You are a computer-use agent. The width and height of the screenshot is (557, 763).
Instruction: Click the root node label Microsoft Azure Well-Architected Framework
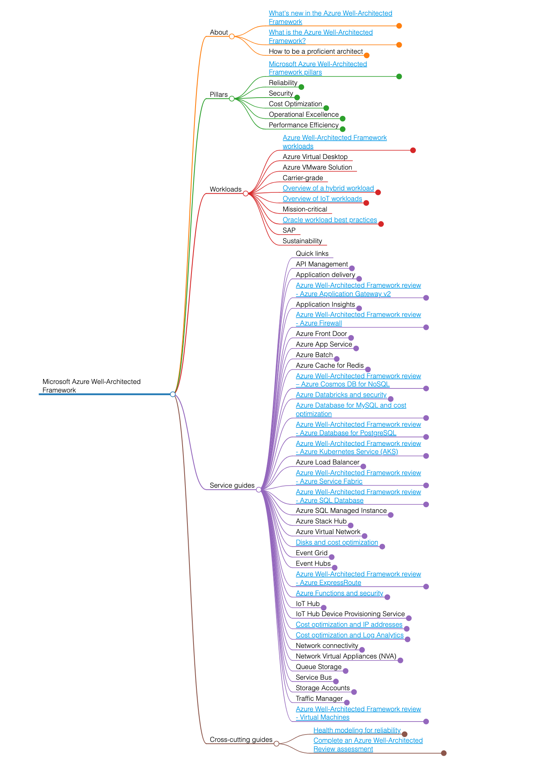point(91,386)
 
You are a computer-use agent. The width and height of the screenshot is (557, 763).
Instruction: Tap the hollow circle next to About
point(232,37)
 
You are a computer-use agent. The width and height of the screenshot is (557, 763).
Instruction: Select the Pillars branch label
point(218,95)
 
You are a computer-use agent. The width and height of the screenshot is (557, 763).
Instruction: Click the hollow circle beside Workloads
point(246,194)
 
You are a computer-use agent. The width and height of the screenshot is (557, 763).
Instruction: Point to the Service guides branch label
point(232,486)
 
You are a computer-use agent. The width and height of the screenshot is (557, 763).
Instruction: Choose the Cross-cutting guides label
point(241,740)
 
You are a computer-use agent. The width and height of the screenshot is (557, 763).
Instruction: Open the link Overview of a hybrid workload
point(328,188)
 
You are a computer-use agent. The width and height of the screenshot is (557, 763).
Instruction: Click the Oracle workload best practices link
point(330,220)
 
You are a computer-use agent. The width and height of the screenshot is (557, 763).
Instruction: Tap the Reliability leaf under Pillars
point(283,83)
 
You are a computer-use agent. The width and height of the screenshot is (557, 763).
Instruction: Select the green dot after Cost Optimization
point(326,108)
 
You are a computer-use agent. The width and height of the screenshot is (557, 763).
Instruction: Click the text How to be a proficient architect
point(315,52)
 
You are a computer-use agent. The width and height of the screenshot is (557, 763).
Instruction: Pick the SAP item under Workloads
point(289,231)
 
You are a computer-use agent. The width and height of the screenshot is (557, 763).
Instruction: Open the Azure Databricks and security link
point(341,395)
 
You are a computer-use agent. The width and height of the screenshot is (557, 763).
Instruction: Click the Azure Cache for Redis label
point(330,366)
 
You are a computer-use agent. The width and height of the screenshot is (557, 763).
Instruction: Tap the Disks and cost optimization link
point(337,543)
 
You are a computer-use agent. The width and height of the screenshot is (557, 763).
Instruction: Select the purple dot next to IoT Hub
point(324,608)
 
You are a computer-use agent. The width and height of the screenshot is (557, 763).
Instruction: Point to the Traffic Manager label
point(319,699)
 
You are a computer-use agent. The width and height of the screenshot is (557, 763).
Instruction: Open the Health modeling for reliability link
point(357,730)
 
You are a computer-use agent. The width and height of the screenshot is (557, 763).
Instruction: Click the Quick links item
point(312,254)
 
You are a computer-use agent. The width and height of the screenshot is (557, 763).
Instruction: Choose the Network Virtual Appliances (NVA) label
point(346,656)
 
